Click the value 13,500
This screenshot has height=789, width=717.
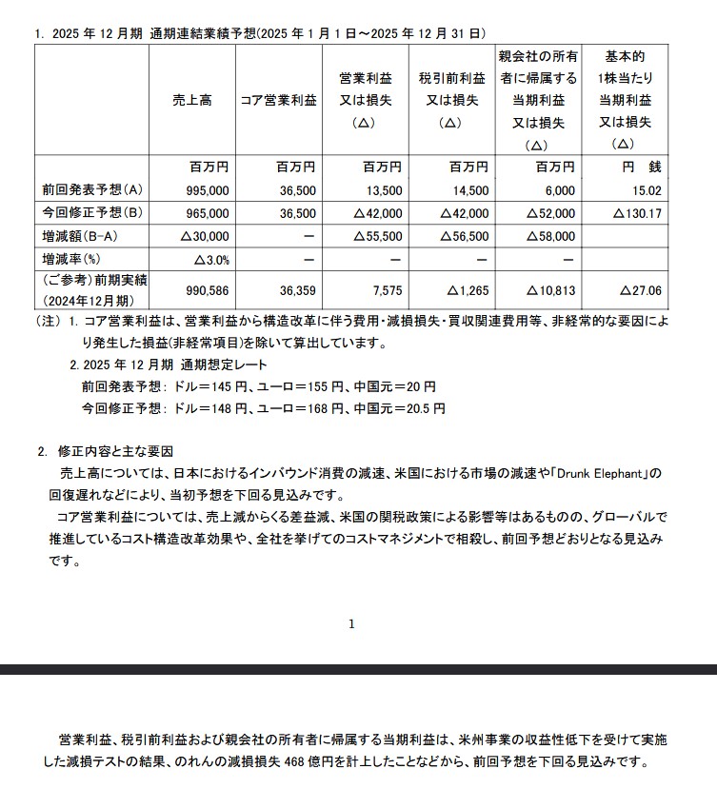[383, 190]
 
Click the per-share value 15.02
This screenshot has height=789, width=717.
[647, 190]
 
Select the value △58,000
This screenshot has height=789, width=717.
[551, 236]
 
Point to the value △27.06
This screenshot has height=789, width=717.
[640, 291]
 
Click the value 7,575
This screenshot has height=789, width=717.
[387, 291]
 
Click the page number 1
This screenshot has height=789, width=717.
[352, 624]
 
